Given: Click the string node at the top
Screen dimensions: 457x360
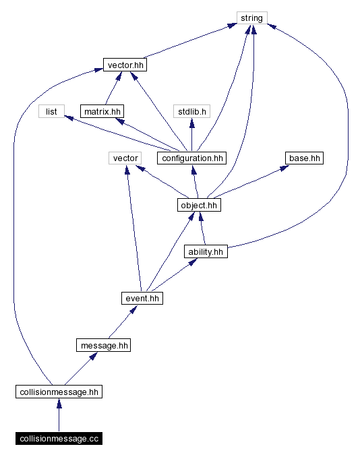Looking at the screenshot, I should click(x=252, y=18).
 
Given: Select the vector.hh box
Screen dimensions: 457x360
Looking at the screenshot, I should click(x=125, y=65).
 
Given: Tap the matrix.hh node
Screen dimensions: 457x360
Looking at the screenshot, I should click(x=102, y=111).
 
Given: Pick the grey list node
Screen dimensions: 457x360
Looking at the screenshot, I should click(x=51, y=111).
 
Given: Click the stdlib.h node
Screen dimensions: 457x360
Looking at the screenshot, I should click(x=192, y=111).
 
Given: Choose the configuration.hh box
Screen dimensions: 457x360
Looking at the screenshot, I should click(x=192, y=158).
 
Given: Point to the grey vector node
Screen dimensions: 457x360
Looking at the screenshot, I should click(x=125, y=158).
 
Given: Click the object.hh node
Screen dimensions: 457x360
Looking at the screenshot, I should click(x=199, y=204).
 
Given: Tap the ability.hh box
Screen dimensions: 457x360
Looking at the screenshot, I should click(x=206, y=251).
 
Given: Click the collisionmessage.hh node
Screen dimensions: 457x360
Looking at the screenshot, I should click(x=59, y=392).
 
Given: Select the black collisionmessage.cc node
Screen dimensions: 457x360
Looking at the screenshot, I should click(x=59, y=439).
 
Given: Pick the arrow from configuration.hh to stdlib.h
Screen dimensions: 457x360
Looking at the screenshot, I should click(x=192, y=134).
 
